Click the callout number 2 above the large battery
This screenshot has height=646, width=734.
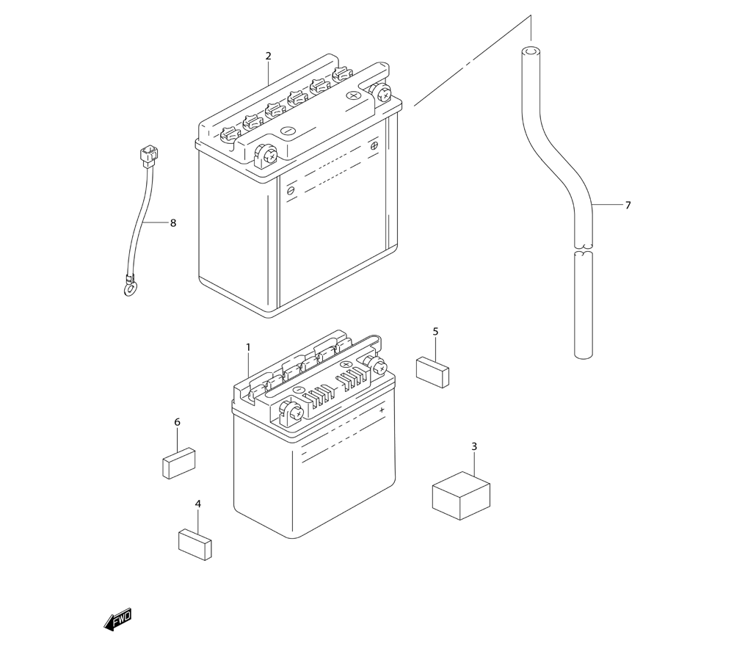(269, 56)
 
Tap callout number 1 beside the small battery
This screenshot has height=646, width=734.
(248, 346)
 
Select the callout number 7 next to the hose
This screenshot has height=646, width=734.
(628, 206)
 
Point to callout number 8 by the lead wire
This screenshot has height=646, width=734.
(173, 223)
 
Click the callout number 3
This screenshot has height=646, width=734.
(474, 446)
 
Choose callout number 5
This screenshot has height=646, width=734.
(435, 332)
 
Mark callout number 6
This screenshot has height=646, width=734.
(177, 422)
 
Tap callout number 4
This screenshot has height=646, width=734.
(197, 504)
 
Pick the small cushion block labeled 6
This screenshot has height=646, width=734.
(178, 462)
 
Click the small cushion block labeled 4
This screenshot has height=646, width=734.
(195, 544)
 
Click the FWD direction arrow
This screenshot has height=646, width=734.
(118, 620)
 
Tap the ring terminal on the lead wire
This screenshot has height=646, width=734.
(129, 288)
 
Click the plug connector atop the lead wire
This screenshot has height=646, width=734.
(148, 154)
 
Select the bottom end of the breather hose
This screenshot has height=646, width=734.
(583, 354)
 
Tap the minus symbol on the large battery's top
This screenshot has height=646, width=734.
(288, 131)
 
